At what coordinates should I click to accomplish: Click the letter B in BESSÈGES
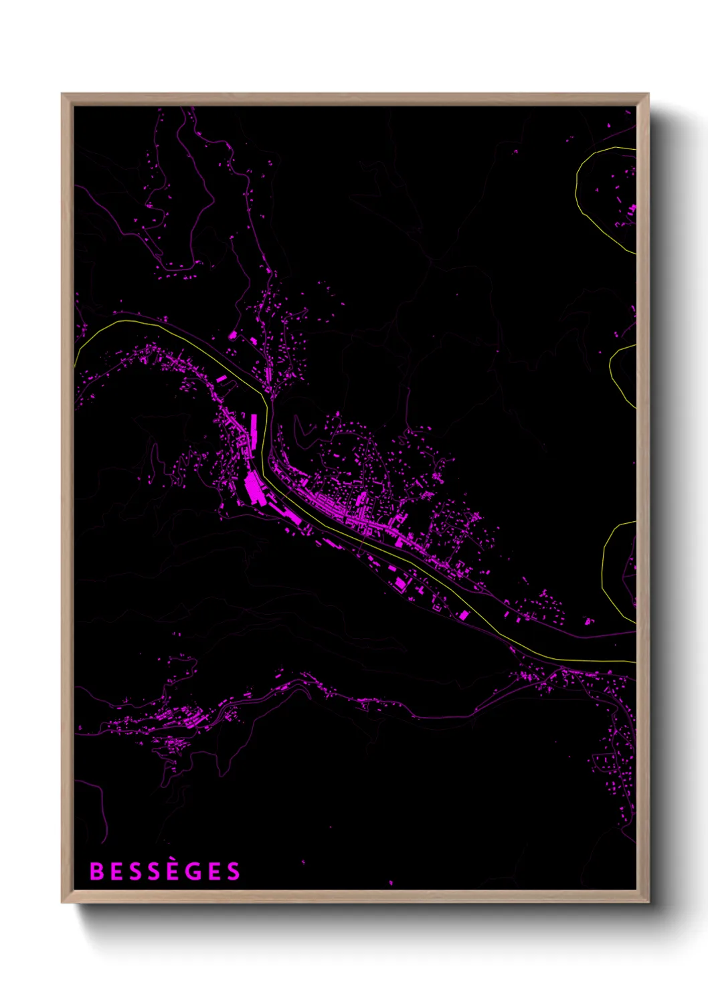point(96,872)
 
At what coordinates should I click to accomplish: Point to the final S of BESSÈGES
point(233,872)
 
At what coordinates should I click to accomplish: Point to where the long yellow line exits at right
point(634,662)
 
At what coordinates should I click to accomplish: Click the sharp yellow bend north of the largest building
point(266,401)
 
